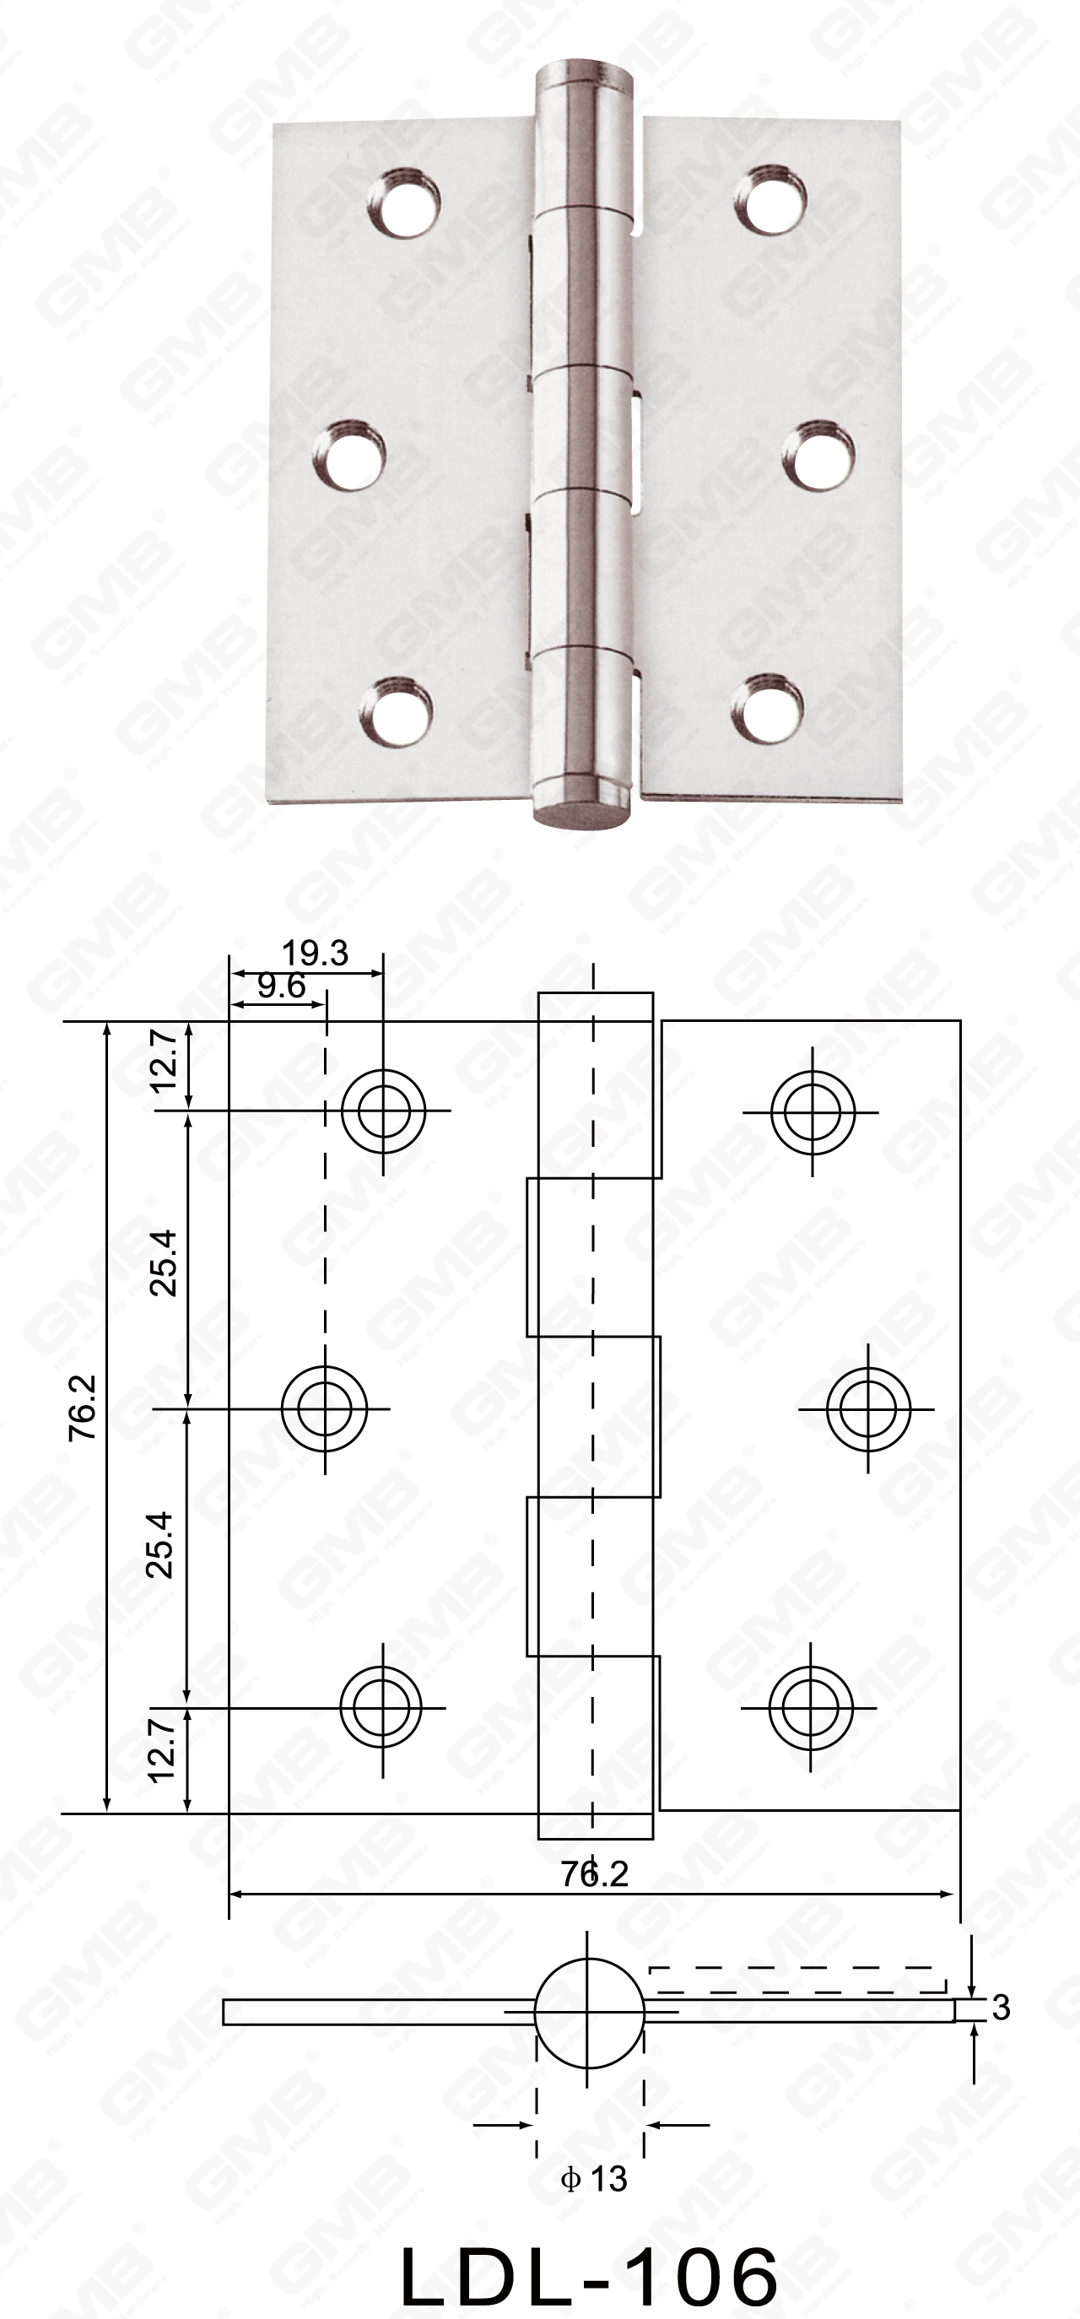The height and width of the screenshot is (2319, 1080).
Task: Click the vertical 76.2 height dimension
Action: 83,1407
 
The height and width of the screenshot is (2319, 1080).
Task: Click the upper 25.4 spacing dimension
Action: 164,1262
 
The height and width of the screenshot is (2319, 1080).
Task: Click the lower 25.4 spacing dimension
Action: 162,1544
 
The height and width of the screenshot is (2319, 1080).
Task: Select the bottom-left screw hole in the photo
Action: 397,711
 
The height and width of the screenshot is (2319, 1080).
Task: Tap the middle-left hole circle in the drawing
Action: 324,1407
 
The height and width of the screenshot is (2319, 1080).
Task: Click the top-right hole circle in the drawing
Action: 813,1111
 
